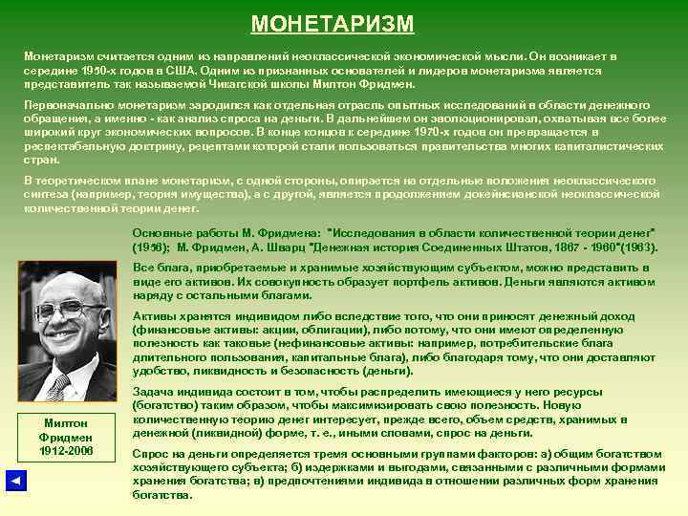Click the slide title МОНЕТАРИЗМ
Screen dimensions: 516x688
pyautogui.click(x=333, y=23)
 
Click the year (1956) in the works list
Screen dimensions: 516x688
pyautogui.click(x=152, y=246)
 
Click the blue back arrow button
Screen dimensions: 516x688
pyautogui.click(x=15, y=481)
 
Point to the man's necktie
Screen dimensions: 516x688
pyautogui.click(x=59, y=386)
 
